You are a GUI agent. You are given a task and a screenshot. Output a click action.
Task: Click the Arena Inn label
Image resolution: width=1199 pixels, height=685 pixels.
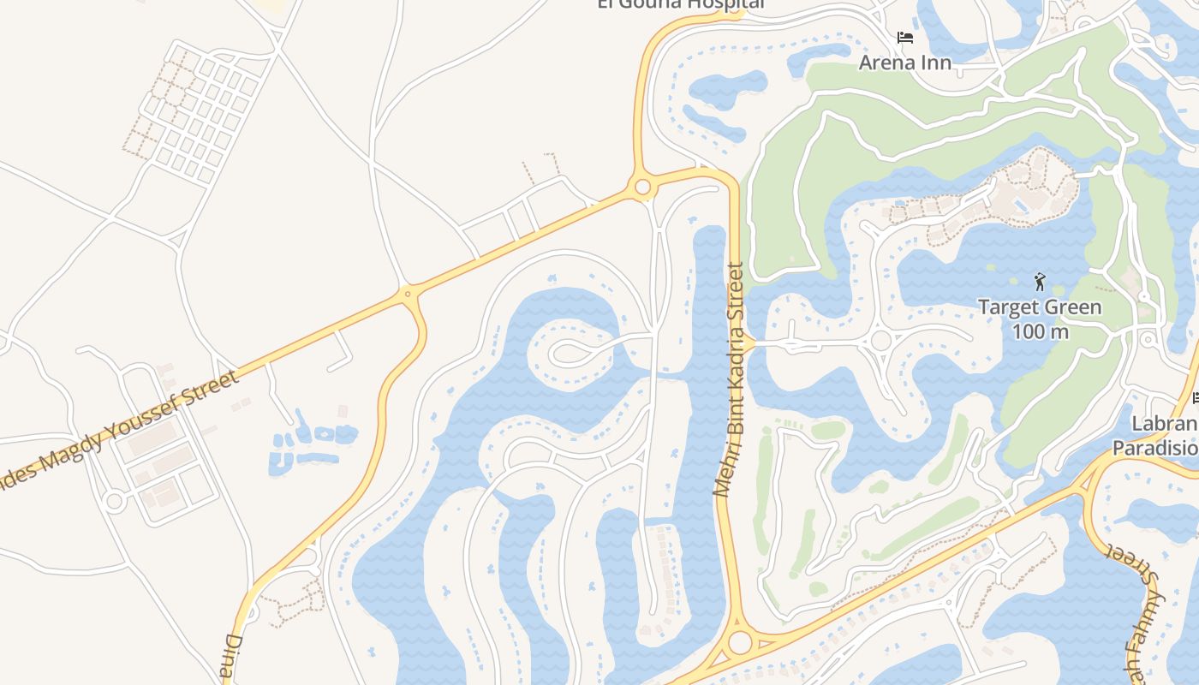(x=904, y=63)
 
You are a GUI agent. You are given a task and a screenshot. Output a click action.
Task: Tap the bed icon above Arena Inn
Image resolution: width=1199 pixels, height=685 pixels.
(x=905, y=38)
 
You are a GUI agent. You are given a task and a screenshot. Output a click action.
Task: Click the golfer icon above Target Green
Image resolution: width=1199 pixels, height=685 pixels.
(x=1040, y=281)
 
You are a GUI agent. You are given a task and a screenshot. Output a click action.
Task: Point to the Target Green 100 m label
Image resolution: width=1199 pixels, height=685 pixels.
(x=1040, y=319)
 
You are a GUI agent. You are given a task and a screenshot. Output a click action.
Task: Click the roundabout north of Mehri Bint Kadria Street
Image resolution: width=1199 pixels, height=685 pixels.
(x=641, y=187)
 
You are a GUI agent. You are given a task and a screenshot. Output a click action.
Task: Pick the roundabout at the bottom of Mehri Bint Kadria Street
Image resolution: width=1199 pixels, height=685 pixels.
(x=740, y=642)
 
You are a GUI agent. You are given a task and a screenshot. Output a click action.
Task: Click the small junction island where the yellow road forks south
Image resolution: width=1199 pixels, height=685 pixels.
(x=408, y=295)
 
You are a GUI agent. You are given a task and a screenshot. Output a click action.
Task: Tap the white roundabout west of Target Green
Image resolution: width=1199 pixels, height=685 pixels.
(x=880, y=342)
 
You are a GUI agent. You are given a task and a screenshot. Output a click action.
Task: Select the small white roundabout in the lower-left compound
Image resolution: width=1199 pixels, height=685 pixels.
(x=114, y=502)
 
